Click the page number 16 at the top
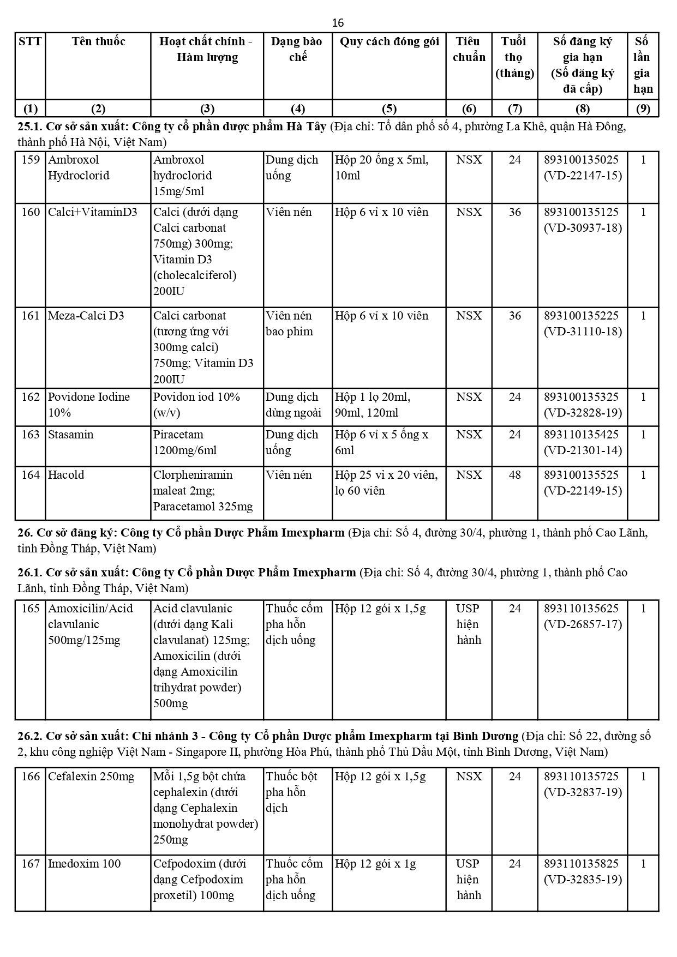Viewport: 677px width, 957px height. click(338, 22)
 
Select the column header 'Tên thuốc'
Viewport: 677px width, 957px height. click(98, 41)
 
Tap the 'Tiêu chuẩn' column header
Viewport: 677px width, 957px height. click(469, 49)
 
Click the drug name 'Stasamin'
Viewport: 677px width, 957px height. click(70, 435)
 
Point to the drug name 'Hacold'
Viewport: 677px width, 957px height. click(66, 475)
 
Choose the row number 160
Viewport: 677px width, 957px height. click(31, 212)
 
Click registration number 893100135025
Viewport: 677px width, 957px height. click(582, 160)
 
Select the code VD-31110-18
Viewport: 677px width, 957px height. click(583, 332)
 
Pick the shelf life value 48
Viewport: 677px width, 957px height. click(514, 475)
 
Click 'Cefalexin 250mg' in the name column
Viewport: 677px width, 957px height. click(91, 777)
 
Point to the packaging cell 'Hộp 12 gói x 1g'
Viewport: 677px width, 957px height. click(375, 864)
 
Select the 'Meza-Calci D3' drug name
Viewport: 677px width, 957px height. click(86, 316)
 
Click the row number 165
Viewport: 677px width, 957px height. click(31, 609)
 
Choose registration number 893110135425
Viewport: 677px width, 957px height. click(582, 435)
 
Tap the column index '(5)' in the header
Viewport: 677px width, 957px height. click(389, 109)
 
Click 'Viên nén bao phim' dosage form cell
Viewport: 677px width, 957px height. click(290, 323)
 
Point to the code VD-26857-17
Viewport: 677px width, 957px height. click(583, 624)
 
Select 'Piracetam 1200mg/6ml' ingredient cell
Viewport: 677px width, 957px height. click(185, 442)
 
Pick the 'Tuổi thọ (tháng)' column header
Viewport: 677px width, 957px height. click(514, 57)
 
